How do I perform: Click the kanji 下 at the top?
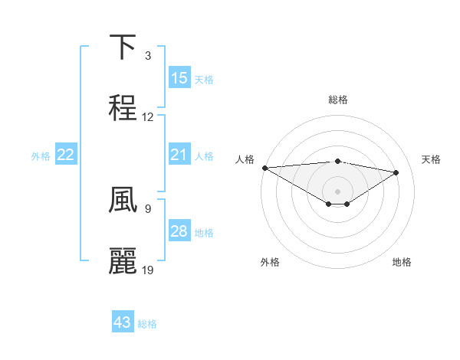tap(123, 47)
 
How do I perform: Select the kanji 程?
tap(123, 108)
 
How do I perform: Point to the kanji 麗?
tap(123, 260)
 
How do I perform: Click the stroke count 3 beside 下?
tap(148, 56)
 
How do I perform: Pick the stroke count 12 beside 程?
tap(148, 117)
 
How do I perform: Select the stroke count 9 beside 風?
tap(148, 208)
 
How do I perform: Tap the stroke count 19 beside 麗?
tap(148, 270)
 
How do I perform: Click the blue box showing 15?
tap(179, 78)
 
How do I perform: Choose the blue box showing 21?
tap(179, 155)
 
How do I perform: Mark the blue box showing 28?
tap(179, 231)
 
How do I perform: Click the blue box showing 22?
tap(66, 155)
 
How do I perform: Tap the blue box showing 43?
tap(123, 322)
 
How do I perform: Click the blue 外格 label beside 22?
tap(41, 155)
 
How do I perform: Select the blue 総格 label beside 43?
tap(147, 324)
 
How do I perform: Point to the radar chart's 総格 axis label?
tap(337, 100)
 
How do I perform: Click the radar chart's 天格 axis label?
tap(432, 159)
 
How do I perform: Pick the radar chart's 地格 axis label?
tap(402, 262)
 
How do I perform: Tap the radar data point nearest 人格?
tap(264, 168)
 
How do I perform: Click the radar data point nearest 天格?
tap(396, 172)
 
